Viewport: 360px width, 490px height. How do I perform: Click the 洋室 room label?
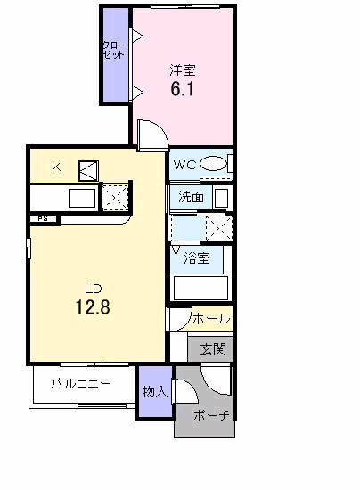click(183, 69)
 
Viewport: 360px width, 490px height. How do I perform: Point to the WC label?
click(184, 164)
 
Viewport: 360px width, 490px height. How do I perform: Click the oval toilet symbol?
click(213, 164)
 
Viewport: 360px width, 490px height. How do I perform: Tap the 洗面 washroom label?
click(190, 197)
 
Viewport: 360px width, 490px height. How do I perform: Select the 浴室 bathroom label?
click(197, 259)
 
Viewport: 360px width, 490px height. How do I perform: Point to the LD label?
click(94, 289)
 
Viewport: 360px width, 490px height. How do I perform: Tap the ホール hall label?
click(211, 318)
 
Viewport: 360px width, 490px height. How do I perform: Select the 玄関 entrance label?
click(212, 347)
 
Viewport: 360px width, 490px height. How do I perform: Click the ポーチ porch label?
click(211, 415)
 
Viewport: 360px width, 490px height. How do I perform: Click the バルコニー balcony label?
click(80, 385)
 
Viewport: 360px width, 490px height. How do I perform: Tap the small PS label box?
click(42, 218)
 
